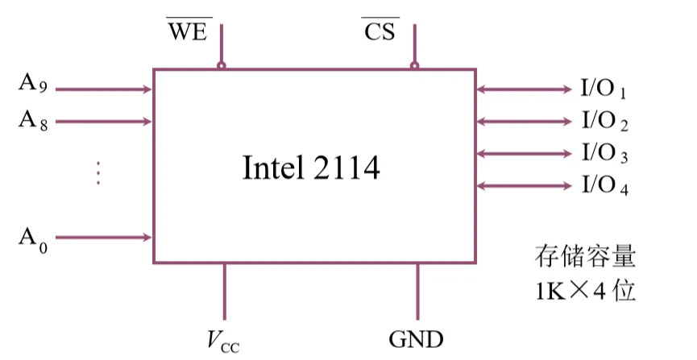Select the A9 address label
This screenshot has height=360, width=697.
pos(34,85)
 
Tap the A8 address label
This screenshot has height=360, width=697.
pos(34,121)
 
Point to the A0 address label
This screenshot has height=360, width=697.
pos(34,238)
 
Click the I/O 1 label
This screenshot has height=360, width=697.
pos(604,89)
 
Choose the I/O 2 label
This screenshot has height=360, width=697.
pos(604,122)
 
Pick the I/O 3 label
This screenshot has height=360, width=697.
pos(604,153)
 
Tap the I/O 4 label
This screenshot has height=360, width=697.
pos(604,186)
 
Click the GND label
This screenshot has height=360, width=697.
pos(416,338)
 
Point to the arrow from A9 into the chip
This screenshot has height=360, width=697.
pos(104,89)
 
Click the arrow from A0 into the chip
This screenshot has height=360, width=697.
pos(104,238)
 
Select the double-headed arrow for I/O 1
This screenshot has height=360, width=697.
pos(523,89)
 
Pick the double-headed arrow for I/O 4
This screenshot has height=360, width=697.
pos(523,186)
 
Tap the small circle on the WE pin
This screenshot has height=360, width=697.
pos(222,66)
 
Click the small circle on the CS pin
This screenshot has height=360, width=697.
pos(414,66)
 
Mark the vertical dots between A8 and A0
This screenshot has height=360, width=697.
pos(97,173)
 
